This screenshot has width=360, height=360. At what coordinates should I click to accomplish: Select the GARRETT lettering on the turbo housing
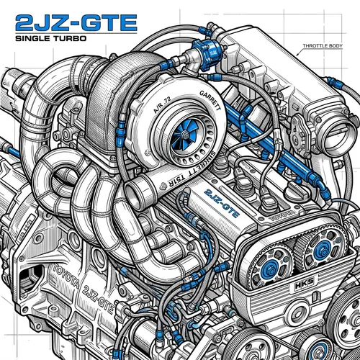pos(204,102)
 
